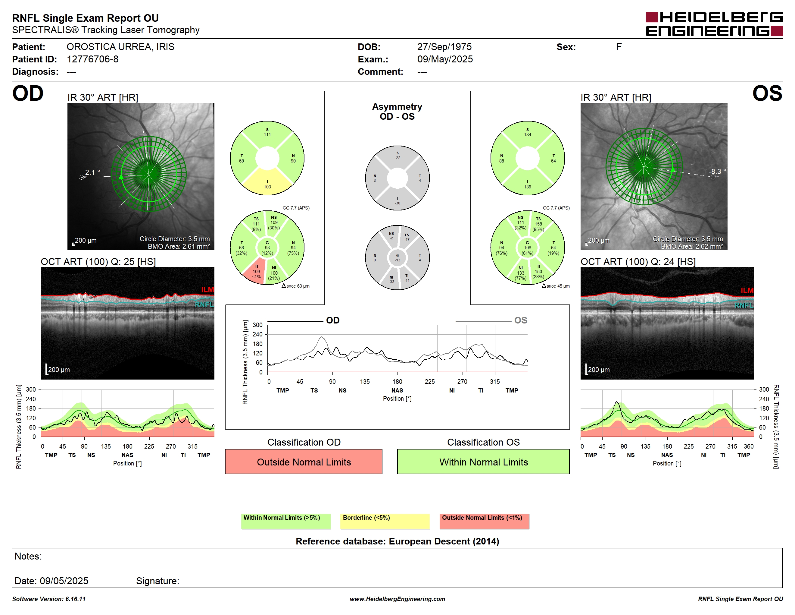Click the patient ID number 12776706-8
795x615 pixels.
(x=92, y=59)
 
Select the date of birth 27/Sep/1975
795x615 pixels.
(x=444, y=47)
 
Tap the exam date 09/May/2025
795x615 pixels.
(x=445, y=59)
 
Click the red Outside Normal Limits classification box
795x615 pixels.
(x=304, y=462)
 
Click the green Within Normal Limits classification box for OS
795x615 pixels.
(x=483, y=462)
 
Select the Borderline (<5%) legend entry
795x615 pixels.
(x=385, y=521)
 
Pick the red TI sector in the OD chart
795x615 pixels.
(x=255, y=271)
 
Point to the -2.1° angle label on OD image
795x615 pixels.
(x=91, y=172)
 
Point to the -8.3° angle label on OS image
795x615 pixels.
(x=717, y=171)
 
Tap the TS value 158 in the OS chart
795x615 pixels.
(x=538, y=224)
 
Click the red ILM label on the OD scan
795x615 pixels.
(x=207, y=290)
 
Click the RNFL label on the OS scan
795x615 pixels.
(x=744, y=305)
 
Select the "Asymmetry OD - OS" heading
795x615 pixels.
(x=397, y=112)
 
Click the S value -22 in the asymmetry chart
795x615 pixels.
(x=397, y=158)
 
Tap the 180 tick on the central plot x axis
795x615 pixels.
(x=397, y=381)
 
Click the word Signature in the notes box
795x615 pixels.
(x=157, y=581)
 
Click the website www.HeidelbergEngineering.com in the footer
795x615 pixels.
(x=397, y=599)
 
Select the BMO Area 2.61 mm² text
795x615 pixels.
(x=179, y=246)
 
